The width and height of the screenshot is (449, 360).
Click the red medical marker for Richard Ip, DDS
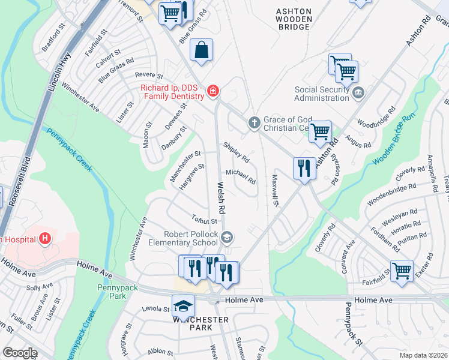tap(212, 91)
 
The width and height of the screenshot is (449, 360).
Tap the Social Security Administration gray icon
tap(358, 92)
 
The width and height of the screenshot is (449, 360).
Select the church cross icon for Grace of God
tap(255, 123)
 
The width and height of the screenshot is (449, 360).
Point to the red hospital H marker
tap(44, 239)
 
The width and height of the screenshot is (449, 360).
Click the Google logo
tap(20, 353)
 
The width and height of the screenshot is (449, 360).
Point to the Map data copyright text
tap(423, 355)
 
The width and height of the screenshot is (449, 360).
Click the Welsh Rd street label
tap(221, 199)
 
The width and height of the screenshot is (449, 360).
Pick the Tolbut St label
tap(204, 221)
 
